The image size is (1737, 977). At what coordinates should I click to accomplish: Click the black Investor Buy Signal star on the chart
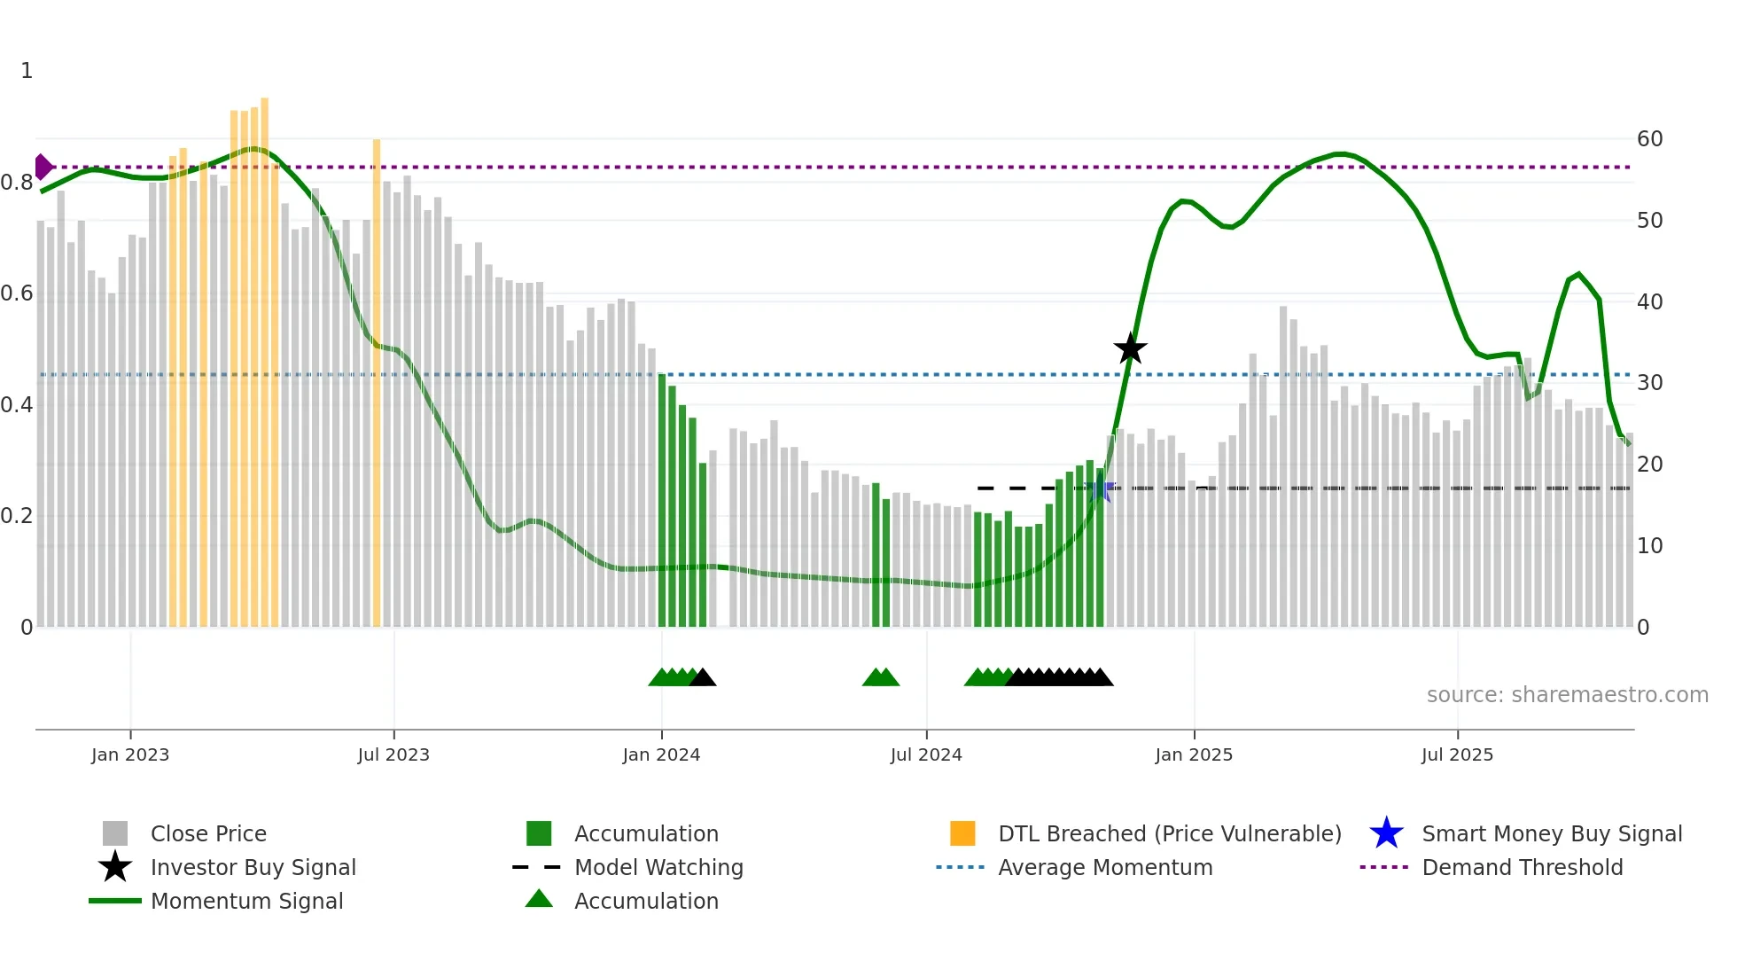pos(1130,348)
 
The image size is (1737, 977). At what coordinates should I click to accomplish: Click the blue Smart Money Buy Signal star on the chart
pos(1100,488)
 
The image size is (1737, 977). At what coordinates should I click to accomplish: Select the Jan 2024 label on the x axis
pos(661,754)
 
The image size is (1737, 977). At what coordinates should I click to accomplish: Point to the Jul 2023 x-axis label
pos(393,754)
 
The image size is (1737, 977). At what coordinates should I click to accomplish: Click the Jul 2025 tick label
pos(1457,754)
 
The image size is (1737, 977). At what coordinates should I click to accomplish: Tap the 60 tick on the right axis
pos(1649,139)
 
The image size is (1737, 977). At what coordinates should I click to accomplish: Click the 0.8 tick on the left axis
pos(17,183)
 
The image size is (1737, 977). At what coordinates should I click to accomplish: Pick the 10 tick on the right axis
pos(1649,546)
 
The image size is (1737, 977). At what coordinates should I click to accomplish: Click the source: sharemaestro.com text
pos(1567,695)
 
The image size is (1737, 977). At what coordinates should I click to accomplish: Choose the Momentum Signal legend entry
pos(246,901)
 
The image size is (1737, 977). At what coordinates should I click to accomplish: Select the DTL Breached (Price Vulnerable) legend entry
pos(1169,833)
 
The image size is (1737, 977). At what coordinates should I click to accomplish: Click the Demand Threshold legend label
pos(1522,867)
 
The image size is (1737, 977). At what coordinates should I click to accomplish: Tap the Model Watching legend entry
pos(658,867)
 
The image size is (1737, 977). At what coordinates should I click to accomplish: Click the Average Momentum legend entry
pos(1104,867)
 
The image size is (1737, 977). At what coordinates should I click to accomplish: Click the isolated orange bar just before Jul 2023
pos(377,381)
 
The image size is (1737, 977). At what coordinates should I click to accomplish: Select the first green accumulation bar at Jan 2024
pos(662,501)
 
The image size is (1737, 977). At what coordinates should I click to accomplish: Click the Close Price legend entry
pos(207,833)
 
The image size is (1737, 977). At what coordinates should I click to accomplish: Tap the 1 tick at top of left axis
pos(27,71)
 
